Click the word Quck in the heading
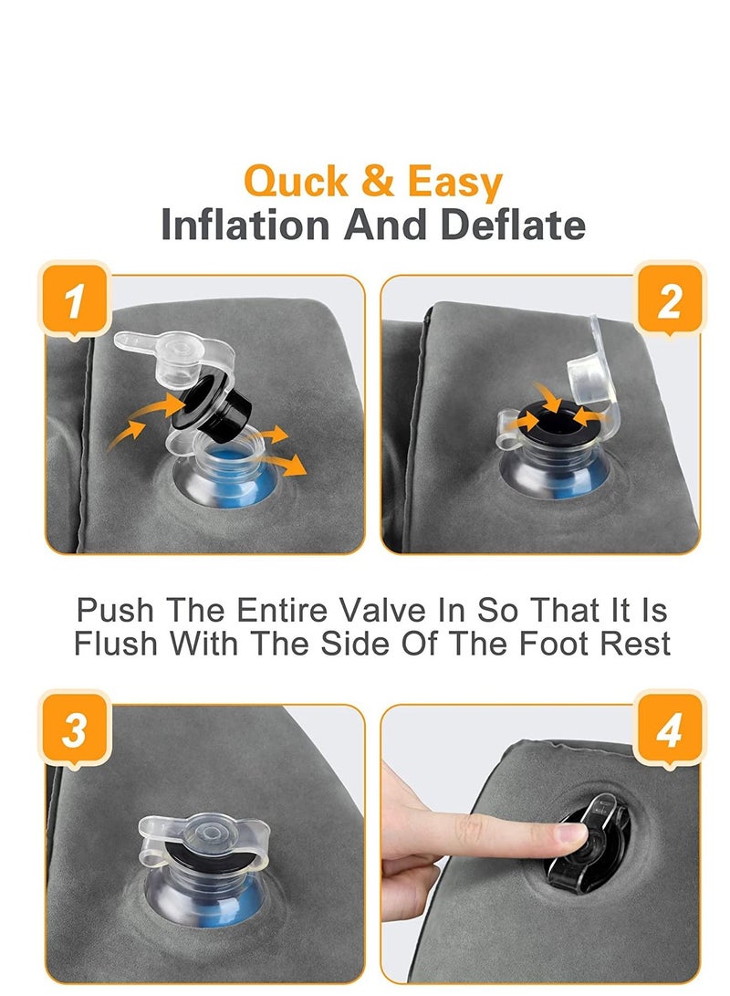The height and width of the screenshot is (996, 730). point(296,182)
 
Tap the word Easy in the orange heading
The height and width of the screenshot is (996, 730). point(454,183)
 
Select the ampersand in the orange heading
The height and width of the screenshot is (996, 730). point(378,181)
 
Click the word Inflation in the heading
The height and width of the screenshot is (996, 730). point(245,225)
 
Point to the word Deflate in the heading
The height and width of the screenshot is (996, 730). point(513,225)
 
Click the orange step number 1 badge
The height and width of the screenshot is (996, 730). point(75,299)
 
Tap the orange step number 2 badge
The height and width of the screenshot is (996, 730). point(669,299)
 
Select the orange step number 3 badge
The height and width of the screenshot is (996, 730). point(75,729)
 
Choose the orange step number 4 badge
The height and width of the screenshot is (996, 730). point(669,729)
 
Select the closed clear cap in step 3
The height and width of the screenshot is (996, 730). point(204,837)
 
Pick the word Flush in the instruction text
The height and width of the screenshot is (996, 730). point(115,643)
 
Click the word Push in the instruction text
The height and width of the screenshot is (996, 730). point(115,611)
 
